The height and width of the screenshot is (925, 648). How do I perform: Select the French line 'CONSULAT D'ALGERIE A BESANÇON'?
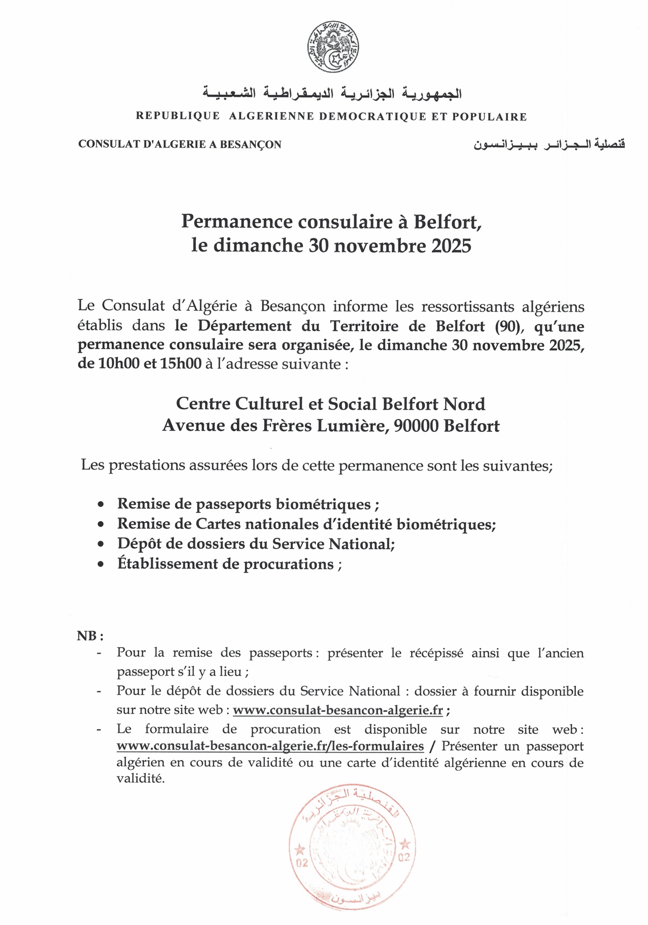(180, 144)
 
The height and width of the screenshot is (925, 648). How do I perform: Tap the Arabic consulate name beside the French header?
(549, 144)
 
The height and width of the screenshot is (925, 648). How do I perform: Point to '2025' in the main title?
(451, 246)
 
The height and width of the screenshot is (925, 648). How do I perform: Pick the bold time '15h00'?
(180, 364)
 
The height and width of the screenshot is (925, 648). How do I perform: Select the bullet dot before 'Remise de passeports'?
(101, 505)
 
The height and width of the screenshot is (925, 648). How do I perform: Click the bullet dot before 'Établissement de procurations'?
(101, 565)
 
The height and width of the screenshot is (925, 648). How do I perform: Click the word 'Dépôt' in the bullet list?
(139, 544)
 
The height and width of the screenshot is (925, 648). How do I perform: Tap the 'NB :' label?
(90, 636)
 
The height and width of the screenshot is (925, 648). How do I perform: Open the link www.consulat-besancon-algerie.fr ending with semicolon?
(338, 710)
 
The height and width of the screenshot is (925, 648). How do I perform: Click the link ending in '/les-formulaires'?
(270, 746)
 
